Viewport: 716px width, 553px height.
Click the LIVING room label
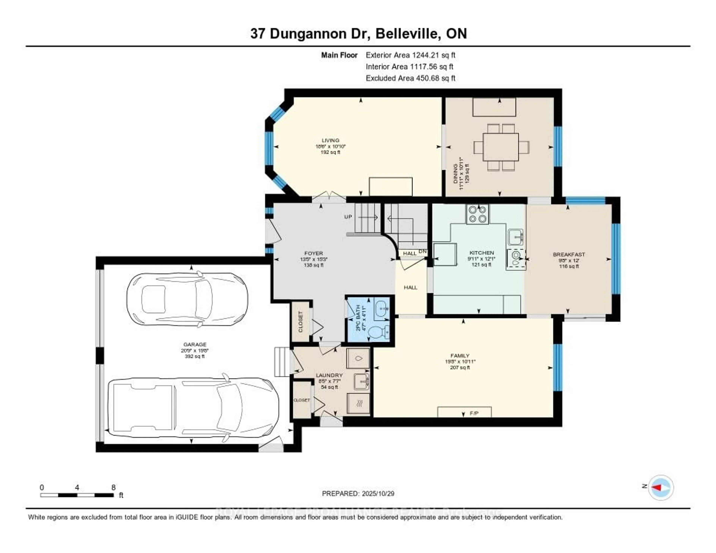330,140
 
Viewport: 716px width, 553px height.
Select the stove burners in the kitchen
477,214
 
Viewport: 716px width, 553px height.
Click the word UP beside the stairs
348,217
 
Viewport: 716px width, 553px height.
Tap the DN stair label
423,252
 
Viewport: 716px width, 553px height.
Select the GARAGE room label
195,344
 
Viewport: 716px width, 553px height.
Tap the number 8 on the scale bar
113,487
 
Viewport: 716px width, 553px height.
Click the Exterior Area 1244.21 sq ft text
410,55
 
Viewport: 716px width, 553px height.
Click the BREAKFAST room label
569,254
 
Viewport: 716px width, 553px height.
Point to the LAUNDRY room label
329,375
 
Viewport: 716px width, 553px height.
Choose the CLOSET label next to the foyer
301,322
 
